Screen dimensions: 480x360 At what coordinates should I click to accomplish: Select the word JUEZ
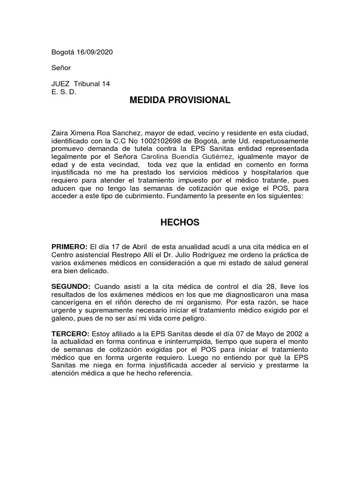coord(60,84)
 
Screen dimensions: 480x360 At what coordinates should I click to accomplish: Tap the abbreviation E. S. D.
coord(63,92)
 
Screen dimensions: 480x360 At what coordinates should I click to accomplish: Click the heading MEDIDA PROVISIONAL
coord(180,100)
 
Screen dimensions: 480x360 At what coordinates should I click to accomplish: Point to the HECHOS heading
coord(180,223)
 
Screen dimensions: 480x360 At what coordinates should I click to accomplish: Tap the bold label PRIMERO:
coord(69,247)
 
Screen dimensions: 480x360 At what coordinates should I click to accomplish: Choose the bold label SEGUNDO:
coord(71,286)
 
